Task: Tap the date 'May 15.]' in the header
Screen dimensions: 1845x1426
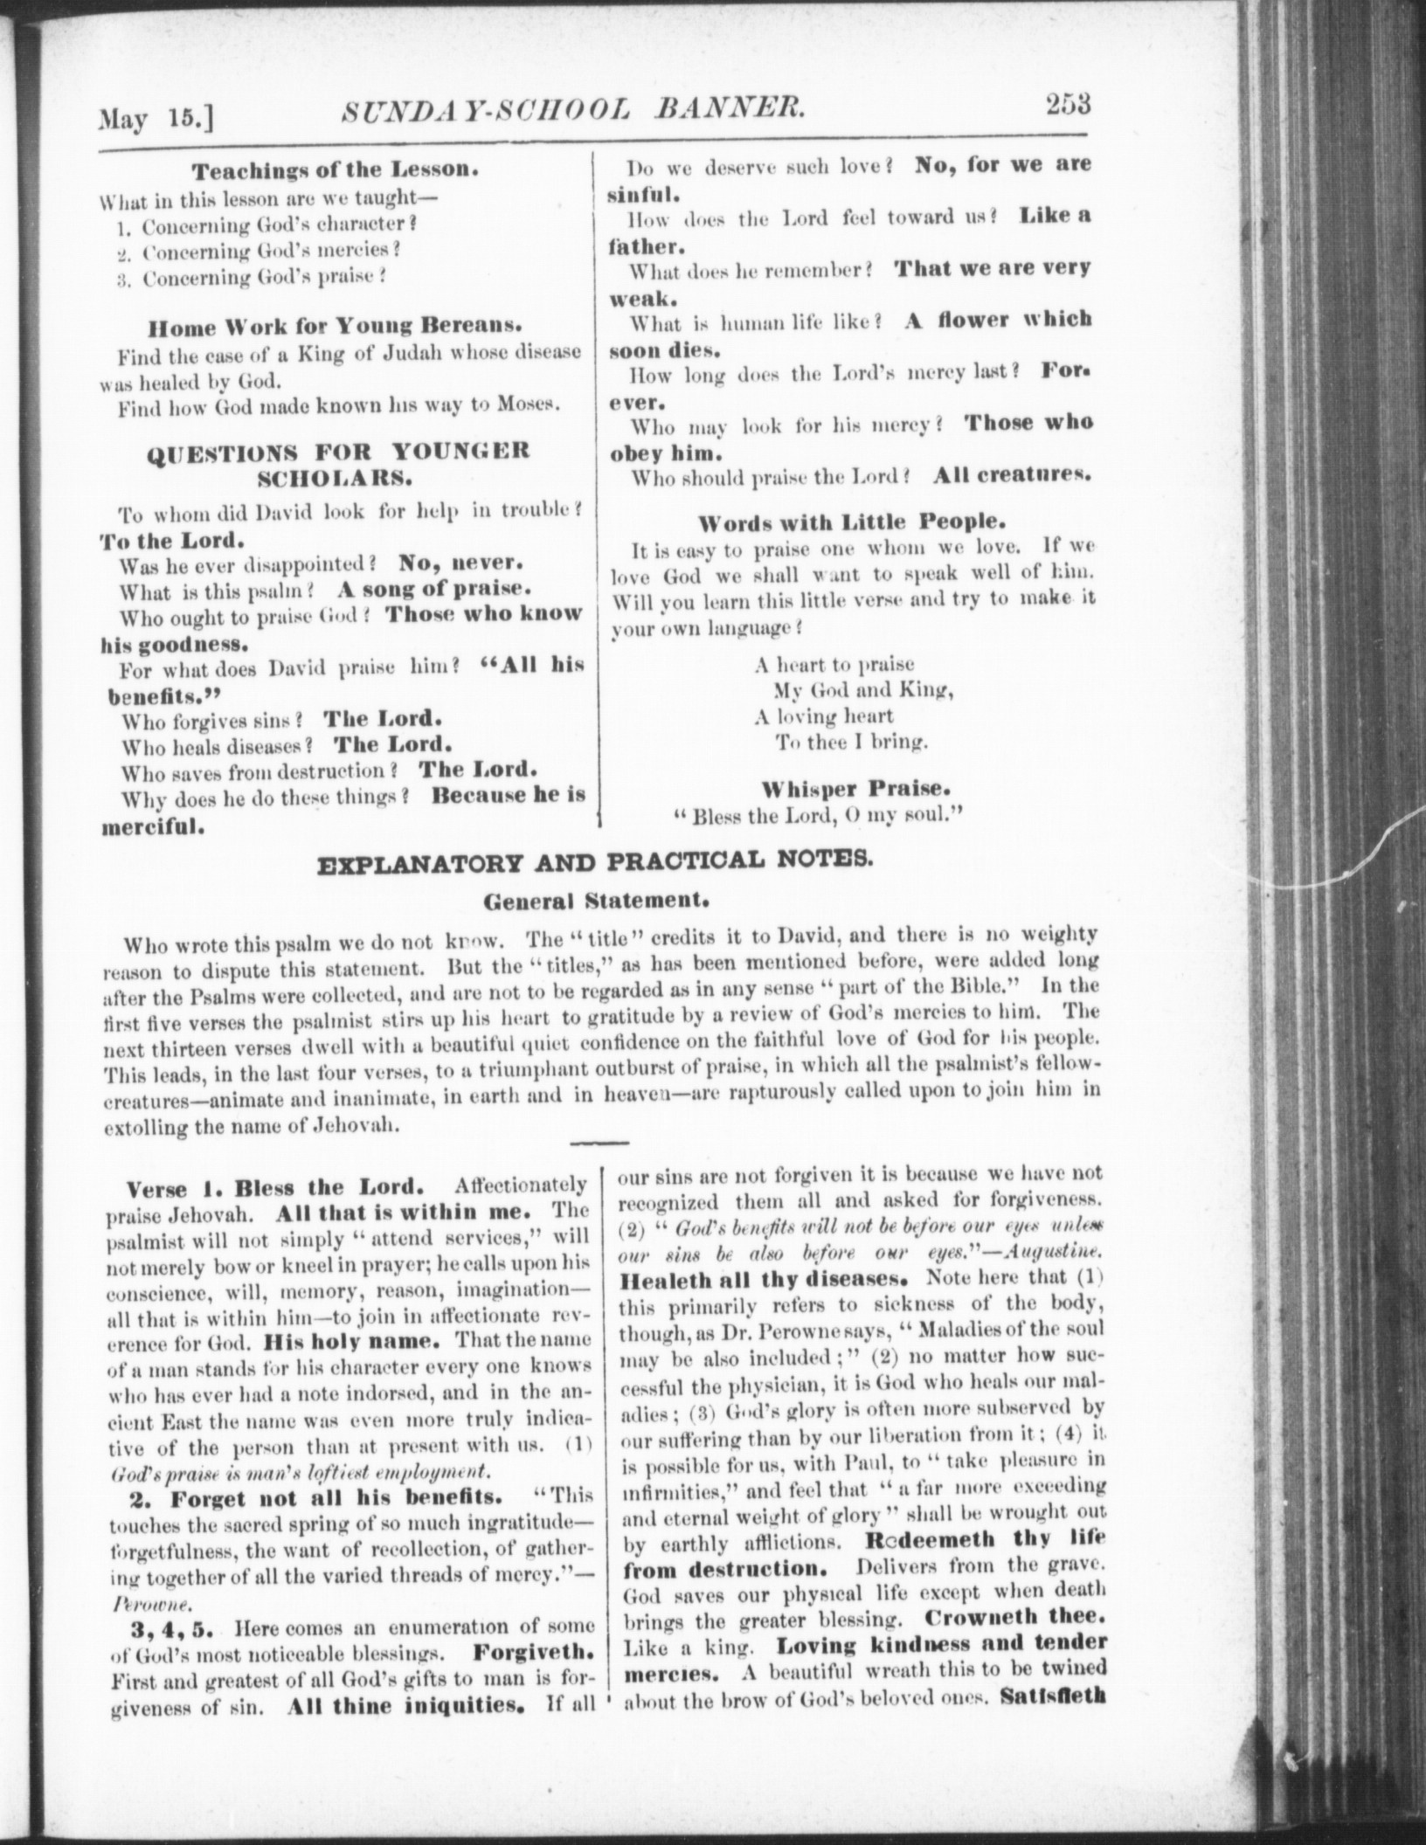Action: [x=158, y=117]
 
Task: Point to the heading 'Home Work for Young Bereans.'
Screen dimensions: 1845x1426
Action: [x=335, y=328]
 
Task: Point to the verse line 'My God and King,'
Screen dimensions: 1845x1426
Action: [x=862, y=690]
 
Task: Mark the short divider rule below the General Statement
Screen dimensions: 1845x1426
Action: [x=599, y=1143]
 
